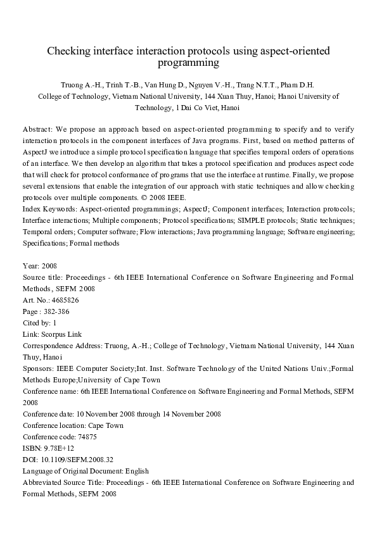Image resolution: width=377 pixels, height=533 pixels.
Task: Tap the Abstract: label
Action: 38,128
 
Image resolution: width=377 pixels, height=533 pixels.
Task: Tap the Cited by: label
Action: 37,323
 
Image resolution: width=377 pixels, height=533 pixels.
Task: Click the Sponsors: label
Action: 38,368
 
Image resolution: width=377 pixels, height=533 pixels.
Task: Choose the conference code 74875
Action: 82,437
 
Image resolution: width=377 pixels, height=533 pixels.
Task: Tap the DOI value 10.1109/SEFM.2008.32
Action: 77,460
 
